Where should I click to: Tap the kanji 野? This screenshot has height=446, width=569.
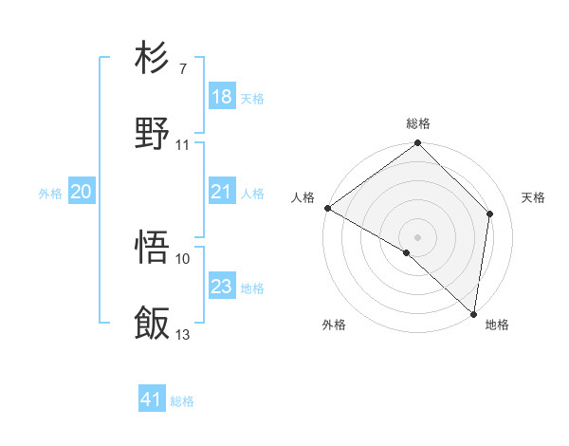pos(153,133)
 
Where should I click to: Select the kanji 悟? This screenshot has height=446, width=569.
pos(153,249)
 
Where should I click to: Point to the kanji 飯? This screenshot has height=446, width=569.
pos(153,324)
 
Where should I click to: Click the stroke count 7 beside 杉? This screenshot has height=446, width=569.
pos(182,69)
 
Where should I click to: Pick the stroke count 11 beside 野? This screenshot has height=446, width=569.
pos(183,144)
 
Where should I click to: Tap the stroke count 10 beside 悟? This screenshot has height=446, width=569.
pos(183,258)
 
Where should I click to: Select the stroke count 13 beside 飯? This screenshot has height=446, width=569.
pos(183,334)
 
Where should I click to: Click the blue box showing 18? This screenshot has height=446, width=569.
pos(222,97)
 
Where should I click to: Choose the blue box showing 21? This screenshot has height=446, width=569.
pos(222,192)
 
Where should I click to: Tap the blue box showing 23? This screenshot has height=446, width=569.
pos(222,287)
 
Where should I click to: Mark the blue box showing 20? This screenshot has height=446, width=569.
pos(82,192)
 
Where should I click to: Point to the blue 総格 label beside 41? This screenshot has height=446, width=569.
pos(182,401)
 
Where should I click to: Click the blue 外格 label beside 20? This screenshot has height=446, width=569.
pos(50,194)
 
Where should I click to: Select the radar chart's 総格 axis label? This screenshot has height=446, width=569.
pos(418,123)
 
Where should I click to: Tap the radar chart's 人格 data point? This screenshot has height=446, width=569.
pos(327,208)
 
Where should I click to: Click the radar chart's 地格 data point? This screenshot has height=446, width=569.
pos(473,313)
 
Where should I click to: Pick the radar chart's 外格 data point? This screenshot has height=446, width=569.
pos(407,252)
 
